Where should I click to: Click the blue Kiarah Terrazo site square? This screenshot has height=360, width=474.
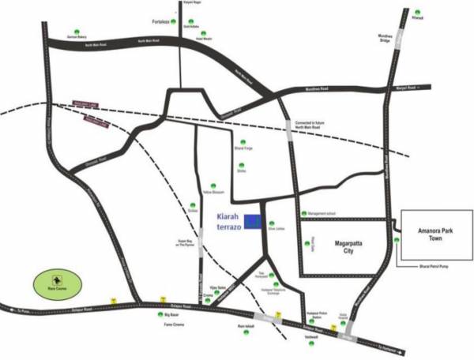(x=253, y=222)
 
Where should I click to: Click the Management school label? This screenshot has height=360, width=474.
(x=322, y=213)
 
